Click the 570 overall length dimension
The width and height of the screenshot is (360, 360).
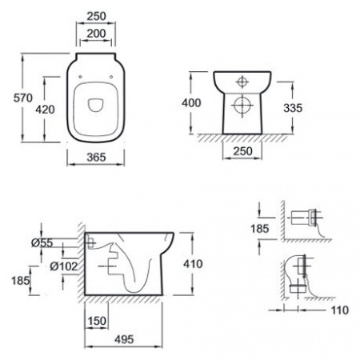(x=23, y=98)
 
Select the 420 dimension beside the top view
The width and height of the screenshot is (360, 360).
(x=45, y=110)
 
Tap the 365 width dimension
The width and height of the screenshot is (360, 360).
(x=96, y=157)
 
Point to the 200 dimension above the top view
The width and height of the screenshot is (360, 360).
(x=96, y=34)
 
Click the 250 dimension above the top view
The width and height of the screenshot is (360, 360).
(x=96, y=16)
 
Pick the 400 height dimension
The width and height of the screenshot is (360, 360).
(x=191, y=102)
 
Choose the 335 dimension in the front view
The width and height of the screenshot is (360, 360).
(x=293, y=108)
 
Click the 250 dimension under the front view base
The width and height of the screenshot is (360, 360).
(x=242, y=151)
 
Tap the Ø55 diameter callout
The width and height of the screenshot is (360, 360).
(x=42, y=242)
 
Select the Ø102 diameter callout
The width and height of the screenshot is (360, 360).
(x=64, y=266)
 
